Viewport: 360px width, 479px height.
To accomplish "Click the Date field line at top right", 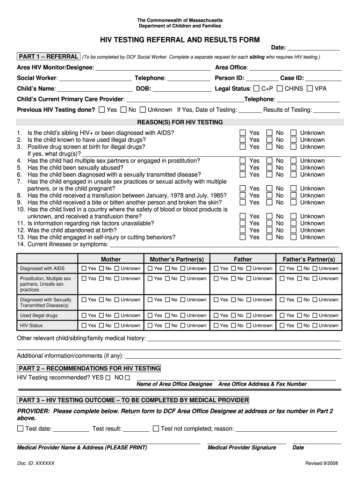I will pyautogui.click(x=313, y=48).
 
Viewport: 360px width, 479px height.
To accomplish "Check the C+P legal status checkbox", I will pyautogui.click(x=256, y=88).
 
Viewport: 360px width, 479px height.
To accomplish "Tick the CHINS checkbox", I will pyautogui.click(x=280, y=88).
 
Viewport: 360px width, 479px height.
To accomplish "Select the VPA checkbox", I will pyautogui.click(x=310, y=88).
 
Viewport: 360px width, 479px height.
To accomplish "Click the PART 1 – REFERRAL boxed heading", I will pyautogui.click(x=48, y=57).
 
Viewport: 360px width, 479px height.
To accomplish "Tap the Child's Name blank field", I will pyautogui.click(x=95, y=89).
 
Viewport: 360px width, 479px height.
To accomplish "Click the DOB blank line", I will pyautogui.click(x=182, y=89).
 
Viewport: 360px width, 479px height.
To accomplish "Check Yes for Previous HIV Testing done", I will pyautogui.click(x=102, y=109).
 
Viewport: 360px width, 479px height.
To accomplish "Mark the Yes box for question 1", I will pyautogui.click(x=242, y=133).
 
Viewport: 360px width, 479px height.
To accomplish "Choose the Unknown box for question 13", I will pyautogui.click(x=293, y=237).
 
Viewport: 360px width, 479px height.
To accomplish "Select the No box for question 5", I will pyautogui.click(x=269, y=167).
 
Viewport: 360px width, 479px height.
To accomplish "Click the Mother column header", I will pyautogui.click(x=111, y=259).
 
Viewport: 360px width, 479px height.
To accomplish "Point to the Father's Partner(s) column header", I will pyautogui.click(x=309, y=259).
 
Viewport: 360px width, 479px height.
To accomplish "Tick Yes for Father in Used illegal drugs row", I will pyautogui.click(x=216, y=315).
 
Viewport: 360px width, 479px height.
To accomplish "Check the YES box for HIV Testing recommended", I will pyautogui.click(x=108, y=377).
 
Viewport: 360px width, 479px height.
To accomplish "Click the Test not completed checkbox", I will pyautogui.click(x=156, y=428).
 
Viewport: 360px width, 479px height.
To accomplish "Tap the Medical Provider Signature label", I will pyautogui.click(x=242, y=448).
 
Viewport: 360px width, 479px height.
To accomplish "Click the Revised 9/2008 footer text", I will pyautogui.click(x=322, y=463).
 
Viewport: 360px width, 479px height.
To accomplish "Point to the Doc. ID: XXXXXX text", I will pyautogui.click(x=36, y=463).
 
